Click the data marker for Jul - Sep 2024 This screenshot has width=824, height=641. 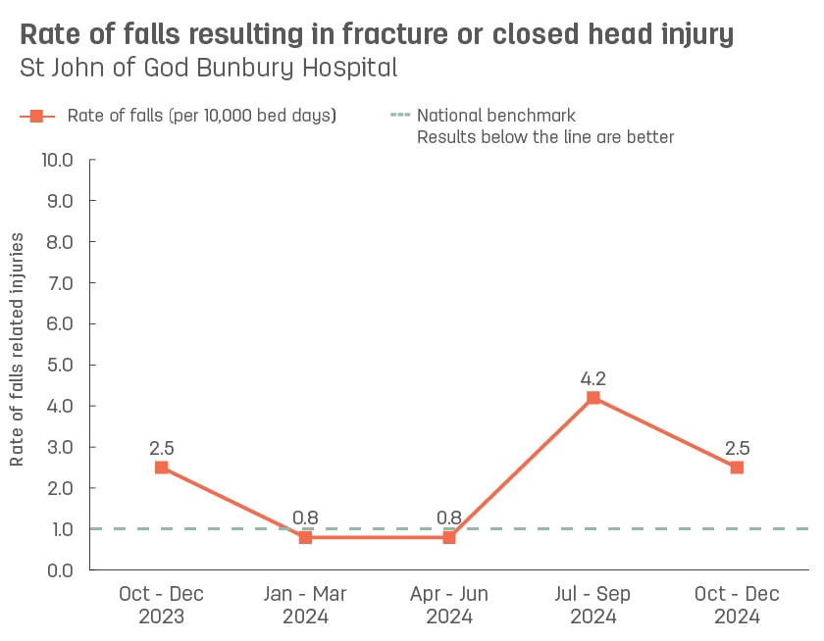[x=592, y=398]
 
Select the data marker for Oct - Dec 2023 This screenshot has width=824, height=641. [x=162, y=468]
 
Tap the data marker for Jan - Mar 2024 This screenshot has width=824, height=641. [x=305, y=537]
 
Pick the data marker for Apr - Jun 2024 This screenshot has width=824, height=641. [x=449, y=537]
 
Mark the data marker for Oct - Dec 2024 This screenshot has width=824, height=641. [x=737, y=468]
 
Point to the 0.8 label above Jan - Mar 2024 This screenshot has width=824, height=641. [x=305, y=517]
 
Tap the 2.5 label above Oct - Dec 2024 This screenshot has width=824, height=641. [x=737, y=447]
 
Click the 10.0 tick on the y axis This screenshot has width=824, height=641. [x=57, y=160]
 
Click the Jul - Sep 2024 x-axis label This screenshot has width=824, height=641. [x=592, y=605]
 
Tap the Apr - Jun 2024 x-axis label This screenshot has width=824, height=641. [x=449, y=605]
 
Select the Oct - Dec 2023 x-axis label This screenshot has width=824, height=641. [x=162, y=605]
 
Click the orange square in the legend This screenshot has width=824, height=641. [x=37, y=116]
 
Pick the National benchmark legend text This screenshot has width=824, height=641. [x=495, y=116]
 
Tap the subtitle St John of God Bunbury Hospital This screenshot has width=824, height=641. [x=208, y=68]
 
